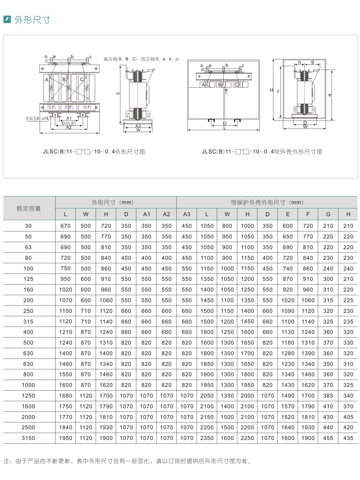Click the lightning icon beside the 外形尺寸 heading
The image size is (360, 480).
pos(7,19)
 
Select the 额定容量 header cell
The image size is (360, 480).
pos(29,208)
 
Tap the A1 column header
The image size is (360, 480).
pos(146,214)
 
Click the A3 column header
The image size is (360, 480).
pos(187,214)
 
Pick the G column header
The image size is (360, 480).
pos(328,214)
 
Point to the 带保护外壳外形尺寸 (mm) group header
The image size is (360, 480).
pos(267,202)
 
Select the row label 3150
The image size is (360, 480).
pos(28,438)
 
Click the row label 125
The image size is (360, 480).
pos(28,279)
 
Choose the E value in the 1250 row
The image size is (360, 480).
pos(288,396)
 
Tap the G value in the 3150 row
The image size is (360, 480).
pos(328,438)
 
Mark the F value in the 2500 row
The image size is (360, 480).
pos(308,427)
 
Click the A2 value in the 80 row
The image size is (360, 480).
pos(166,258)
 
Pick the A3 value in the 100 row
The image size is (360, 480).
pos(187,269)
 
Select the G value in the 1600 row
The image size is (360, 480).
pos(328,406)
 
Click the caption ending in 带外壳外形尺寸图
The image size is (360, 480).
pos(262,152)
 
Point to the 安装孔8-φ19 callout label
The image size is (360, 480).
pos(37,118)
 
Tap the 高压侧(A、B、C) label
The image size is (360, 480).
pos(120,59)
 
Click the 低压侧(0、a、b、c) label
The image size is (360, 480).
pos(160,59)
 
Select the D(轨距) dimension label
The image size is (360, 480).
pos(69,123)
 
